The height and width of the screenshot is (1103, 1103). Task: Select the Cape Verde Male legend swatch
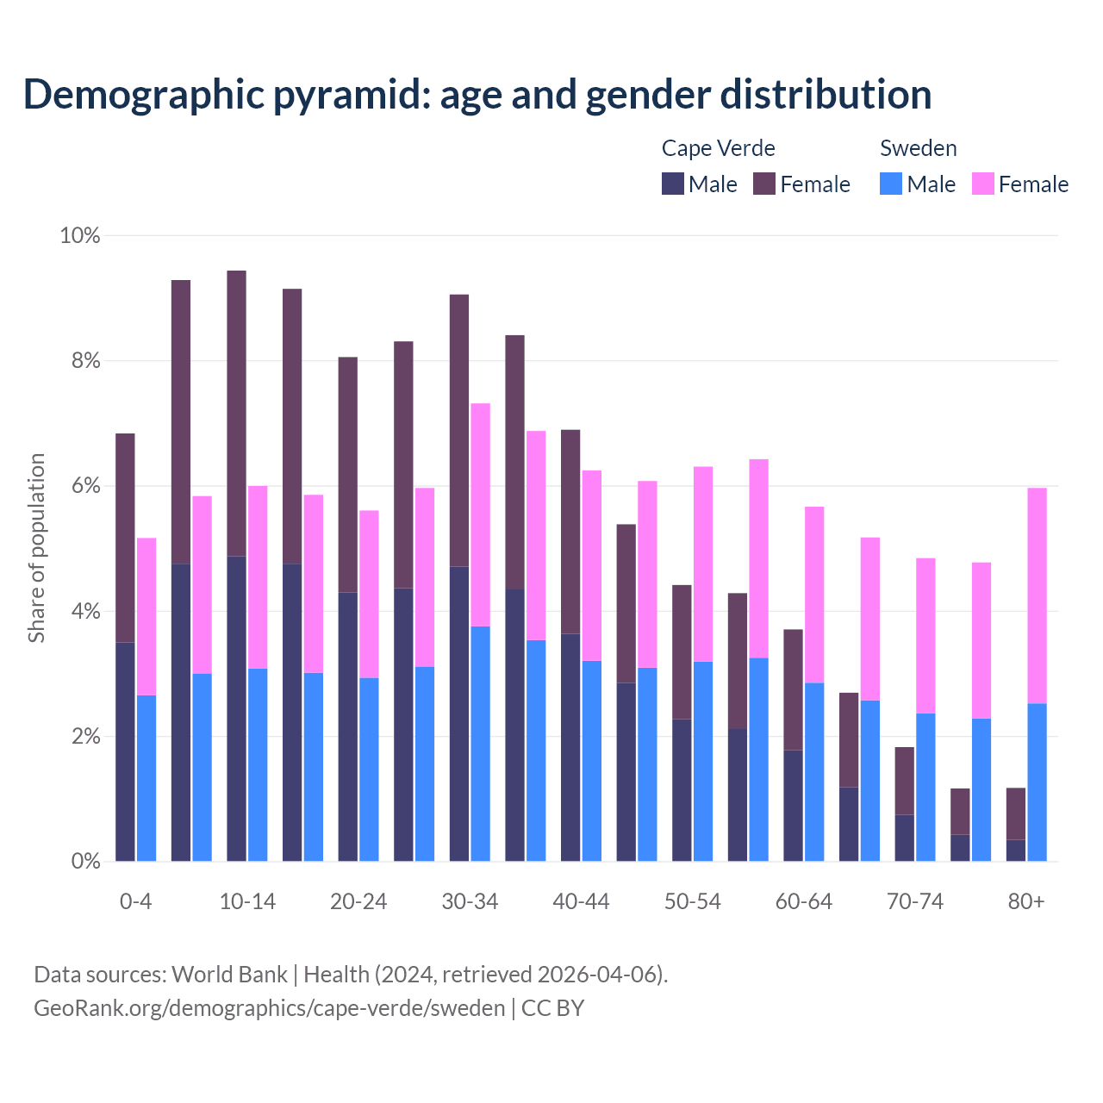coord(672,184)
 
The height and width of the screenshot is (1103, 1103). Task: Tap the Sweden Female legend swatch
coord(982,184)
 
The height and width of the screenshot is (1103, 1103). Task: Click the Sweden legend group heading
coord(918,148)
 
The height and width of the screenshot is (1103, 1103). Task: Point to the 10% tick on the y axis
coord(79,235)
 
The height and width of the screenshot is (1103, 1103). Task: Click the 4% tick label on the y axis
coord(85,612)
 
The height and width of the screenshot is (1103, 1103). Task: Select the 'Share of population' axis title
coord(36,548)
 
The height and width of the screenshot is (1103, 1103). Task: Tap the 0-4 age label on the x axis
coord(135,901)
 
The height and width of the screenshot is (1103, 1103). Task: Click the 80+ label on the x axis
coord(1026,901)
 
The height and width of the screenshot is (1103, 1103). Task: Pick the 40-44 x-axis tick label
coord(581,901)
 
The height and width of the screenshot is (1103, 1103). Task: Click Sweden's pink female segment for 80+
coord(1038,595)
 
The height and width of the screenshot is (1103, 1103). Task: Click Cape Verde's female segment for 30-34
coord(459,430)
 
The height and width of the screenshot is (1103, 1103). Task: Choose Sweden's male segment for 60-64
coord(814,771)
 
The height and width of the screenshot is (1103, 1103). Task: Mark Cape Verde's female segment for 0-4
coord(125,538)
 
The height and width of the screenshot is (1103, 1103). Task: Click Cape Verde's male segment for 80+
coord(1016,850)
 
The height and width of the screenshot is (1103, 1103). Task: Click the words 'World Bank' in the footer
coord(229,975)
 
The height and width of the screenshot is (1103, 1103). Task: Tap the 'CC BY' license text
coord(552,1008)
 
